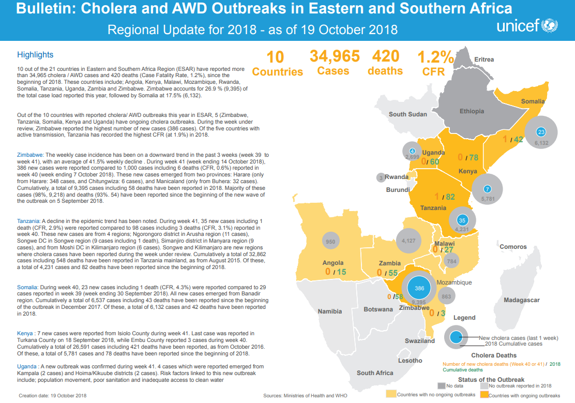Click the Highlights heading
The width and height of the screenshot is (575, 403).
pyautogui.click(x=35, y=55)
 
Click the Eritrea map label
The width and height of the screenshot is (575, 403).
pyautogui.click(x=484, y=59)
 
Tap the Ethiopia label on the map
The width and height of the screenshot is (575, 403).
pyautogui.click(x=472, y=111)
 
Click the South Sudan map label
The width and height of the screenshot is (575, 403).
pyautogui.click(x=408, y=114)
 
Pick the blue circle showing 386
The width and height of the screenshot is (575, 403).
pyautogui.click(x=419, y=288)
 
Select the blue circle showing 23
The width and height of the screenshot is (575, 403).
pyautogui.click(x=541, y=131)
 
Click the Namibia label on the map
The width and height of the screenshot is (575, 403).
pyautogui.click(x=330, y=311)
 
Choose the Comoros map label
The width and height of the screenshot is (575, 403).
pyautogui.click(x=513, y=247)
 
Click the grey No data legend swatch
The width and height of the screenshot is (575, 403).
pyautogui.click(x=441, y=385)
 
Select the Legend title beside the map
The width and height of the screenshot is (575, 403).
pyautogui.click(x=464, y=317)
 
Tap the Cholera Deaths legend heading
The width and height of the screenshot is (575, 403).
pyautogui.click(x=494, y=355)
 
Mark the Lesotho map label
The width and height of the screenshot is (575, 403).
pyautogui.click(x=411, y=361)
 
